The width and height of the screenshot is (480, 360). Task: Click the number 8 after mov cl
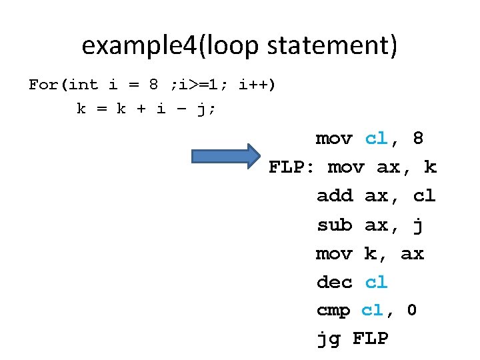click(x=418, y=139)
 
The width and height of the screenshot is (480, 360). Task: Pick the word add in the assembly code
click(x=335, y=196)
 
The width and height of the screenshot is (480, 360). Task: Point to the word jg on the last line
click(x=327, y=339)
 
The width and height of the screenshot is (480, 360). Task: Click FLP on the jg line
click(x=370, y=339)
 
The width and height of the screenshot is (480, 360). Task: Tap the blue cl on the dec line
click(x=376, y=282)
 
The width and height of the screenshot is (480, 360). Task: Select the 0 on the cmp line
click(x=411, y=311)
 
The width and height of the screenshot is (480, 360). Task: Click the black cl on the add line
click(x=424, y=196)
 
